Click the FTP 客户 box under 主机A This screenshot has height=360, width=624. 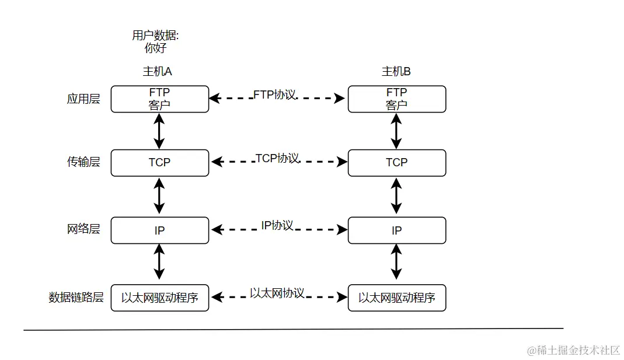(x=159, y=99)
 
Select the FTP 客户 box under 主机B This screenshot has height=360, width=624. (x=396, y=99)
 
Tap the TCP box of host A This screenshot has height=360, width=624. (x=159, y=163)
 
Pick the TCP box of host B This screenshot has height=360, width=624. (x=396, y=163)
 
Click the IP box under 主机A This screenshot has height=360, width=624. (x=159, y=230)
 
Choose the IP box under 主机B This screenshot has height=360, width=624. (x=396, y=230)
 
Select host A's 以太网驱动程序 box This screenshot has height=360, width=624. (x=159, y=298)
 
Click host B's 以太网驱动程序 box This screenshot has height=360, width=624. (x=396, y=298)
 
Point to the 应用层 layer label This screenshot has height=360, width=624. (x=83, y=99)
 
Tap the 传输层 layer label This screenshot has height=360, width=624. (x=83, y=162)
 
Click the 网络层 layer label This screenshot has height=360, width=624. (x=83, y=229)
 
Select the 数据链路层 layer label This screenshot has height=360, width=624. (x=76, y=297)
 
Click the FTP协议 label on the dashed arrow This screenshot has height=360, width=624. (x=275, y=95)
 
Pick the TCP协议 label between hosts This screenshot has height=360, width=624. (x=277, y=158)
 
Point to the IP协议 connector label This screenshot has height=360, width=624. (x=277, y=226)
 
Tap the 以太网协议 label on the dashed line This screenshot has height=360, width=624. (x=277, y=293)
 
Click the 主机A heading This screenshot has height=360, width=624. (x=158, y=71)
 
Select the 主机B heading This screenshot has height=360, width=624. (x=396, y=71)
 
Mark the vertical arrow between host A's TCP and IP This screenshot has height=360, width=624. (x=159, y=196)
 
